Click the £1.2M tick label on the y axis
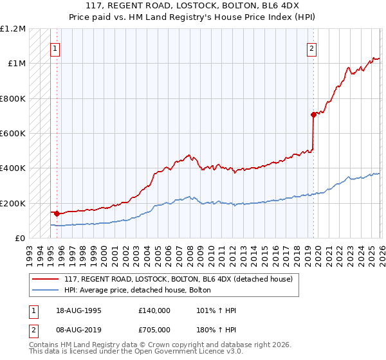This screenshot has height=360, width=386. pyautogui.click(x=13, y=29)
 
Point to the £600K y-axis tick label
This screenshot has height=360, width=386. pyautogui.click(x=13, y=134)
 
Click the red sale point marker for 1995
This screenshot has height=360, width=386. pyautogui.click(x=57, y=213)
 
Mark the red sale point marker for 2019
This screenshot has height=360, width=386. pyautogui.click(x=313, y=115)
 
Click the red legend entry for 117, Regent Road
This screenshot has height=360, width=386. pyautogui.click(x=178, y=279)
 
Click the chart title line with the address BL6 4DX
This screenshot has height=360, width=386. pyautogui.click(x=193, y=7)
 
